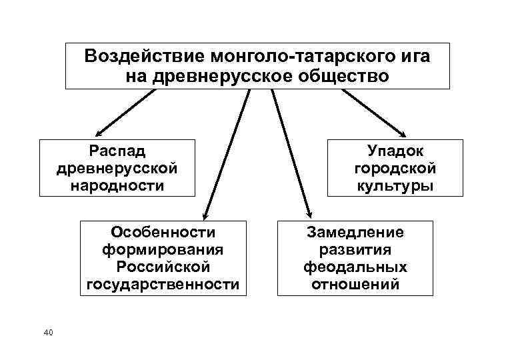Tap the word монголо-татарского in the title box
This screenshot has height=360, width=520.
tap(299, 56)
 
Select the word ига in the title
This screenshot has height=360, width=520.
tap(413, 56)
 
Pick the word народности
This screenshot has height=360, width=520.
tap(117, 185)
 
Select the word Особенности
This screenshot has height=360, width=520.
tap(163, 232)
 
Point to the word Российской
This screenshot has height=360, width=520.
tap(163, 267)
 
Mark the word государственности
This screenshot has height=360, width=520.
tap(163, 285)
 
